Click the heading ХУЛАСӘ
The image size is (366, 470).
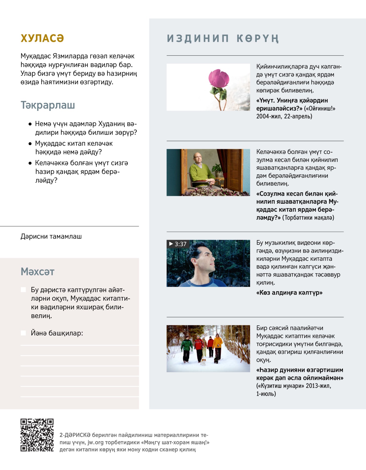[42, 38]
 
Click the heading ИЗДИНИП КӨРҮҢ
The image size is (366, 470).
[223, 39]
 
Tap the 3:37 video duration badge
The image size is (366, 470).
[178, 244]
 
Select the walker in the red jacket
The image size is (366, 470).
[199, 344]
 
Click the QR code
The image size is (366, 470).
[37, 435]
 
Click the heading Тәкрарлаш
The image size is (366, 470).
[48, 105]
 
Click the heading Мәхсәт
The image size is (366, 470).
[38, 271]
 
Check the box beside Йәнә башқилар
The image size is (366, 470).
[23, 333]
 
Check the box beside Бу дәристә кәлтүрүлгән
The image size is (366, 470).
[23, 290]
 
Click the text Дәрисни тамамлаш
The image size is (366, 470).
[51, 236]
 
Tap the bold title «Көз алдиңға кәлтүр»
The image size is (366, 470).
[289, 293]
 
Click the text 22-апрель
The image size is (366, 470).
[298, 116]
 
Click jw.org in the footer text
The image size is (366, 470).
[95, 442]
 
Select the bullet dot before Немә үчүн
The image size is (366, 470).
[30, 124]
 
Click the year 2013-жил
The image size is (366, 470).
[318, 386]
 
